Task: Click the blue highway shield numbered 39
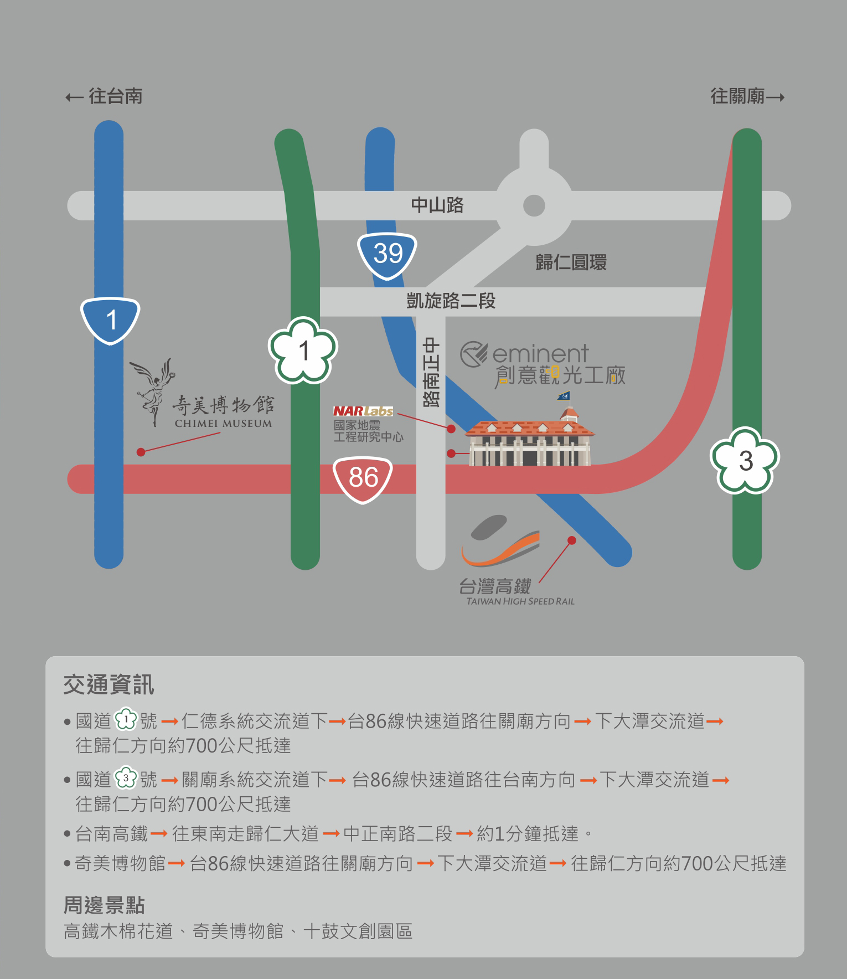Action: pos(387,254)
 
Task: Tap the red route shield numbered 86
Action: pos(363,478)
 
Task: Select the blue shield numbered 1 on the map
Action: pos(110,320)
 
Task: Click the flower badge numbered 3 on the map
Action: pos(745,460)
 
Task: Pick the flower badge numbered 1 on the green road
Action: pos(303,350)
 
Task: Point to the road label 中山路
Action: pos(437,205)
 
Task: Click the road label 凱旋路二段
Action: pos(451,301)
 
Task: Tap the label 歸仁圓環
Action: pos(571,262)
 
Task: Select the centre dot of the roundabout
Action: pos(534,205)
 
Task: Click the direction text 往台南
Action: pos(115,96)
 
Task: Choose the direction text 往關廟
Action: pos(738,96)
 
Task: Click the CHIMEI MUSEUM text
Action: pos(223,424)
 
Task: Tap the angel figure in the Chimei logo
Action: pos(153,390)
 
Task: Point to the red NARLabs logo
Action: pos(363,411)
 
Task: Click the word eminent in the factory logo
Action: pos(540,354)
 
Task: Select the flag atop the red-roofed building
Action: pos(564,395)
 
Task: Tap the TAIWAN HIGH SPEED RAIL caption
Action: pos(520,601)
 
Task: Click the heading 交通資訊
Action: pos(109,685)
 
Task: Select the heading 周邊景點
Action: pos(104,905)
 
